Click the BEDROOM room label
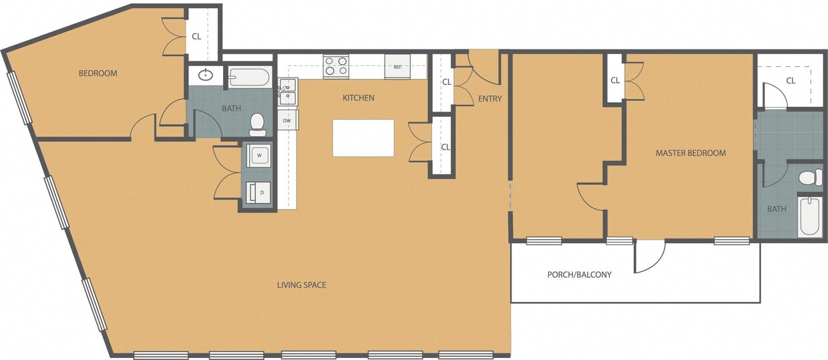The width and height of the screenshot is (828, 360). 97,73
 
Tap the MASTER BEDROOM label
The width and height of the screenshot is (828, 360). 690,153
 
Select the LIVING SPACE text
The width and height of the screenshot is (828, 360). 301,285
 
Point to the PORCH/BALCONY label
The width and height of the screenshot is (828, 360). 579,275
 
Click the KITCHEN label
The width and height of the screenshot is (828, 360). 358,98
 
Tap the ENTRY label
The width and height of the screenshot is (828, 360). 489,99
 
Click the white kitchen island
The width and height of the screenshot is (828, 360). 363,138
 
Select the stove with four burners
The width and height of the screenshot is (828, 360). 335,65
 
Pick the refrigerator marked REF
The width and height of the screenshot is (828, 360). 397,67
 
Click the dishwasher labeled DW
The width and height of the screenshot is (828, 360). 287,120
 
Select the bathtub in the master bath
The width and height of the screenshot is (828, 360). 810,216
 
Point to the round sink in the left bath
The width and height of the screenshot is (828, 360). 206,75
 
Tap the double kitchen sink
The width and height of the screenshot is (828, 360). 288,92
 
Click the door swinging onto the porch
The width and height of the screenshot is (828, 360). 648,256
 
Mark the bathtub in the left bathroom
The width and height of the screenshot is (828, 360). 248,77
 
